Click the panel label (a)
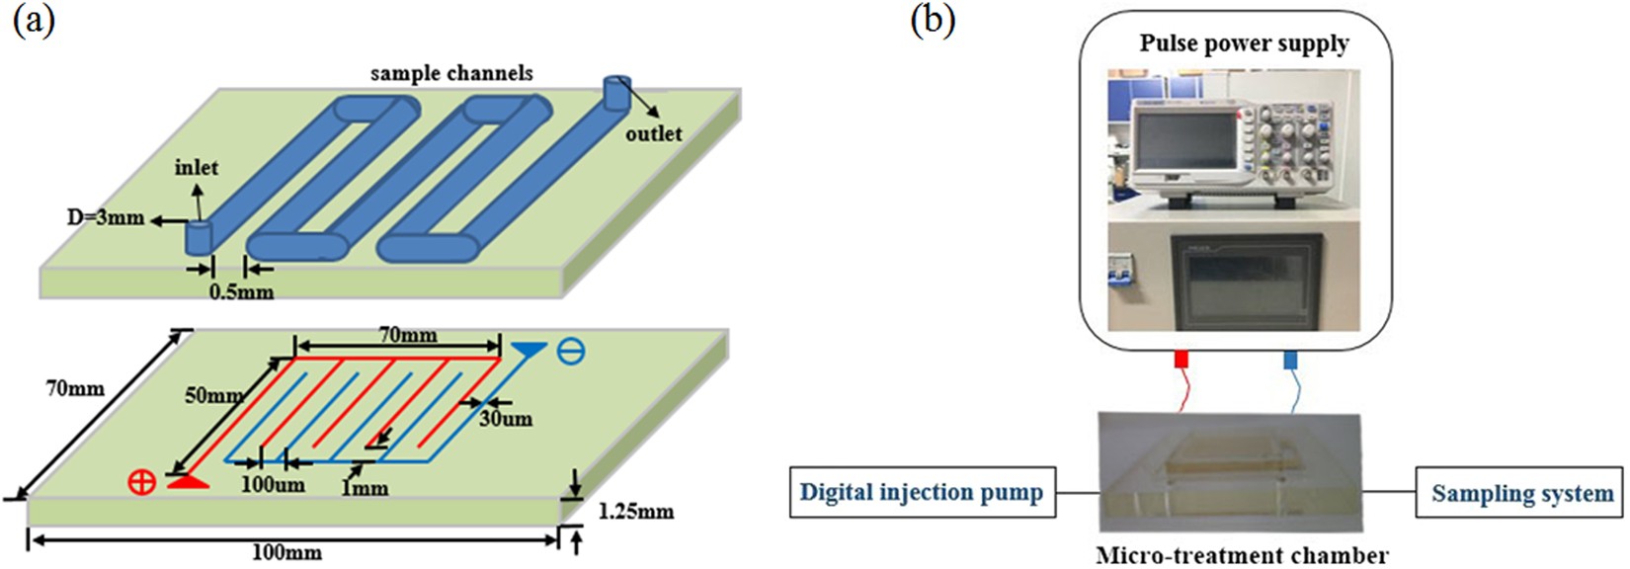coord(34,20)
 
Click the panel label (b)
coord(933,20)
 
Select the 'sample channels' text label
coord(451,73)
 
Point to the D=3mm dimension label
coord(105,217)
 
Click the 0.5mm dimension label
coord(241,291)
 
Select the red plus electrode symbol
coord(142,483)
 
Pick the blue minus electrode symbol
coord(571,351)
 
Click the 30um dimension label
coord(506,419)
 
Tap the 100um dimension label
coord(274,484)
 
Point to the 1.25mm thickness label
coord(636,511)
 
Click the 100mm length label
coord(286,552)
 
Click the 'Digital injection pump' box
coord(921,493)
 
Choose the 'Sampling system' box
coord(1521,493)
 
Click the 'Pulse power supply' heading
coord(1244,43)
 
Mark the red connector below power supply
coord(1181,360)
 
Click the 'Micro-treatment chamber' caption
coord(1242,555)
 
